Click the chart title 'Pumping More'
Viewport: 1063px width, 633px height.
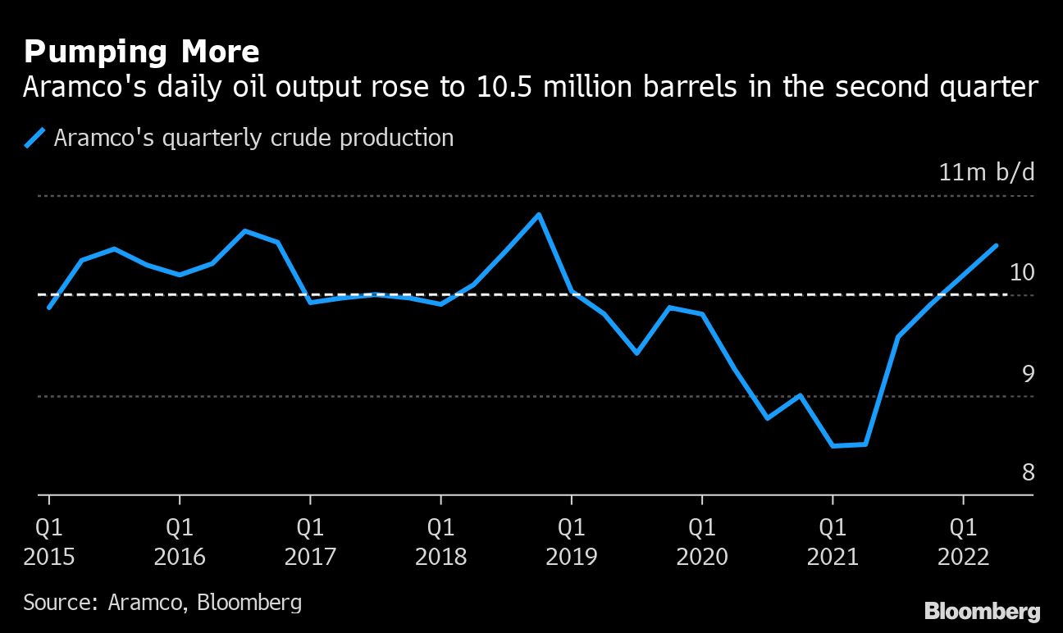click(142, 52)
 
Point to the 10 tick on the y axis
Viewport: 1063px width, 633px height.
click(1021, 273)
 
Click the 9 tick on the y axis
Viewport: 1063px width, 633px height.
click(1028, 373)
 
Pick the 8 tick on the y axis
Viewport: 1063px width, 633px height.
click(1028, 473)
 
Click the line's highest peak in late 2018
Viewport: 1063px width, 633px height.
click(538, 215)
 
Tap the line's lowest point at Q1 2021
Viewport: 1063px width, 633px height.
click(833, 446)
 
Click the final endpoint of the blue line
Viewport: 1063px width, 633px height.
click(996, 245)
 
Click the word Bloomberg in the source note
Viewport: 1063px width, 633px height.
click(249, 603)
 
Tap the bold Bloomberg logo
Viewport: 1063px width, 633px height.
click(982, 611)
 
